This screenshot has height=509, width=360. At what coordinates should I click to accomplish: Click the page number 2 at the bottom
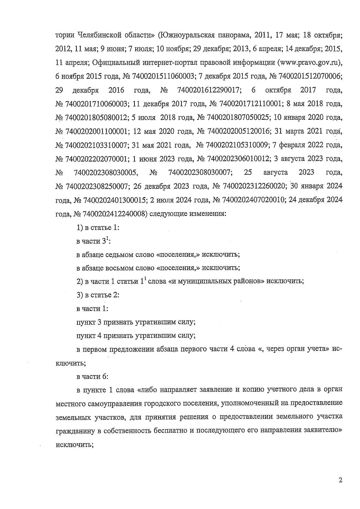click(340, 480)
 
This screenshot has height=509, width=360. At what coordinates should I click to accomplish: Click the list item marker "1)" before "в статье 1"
click(79, 228)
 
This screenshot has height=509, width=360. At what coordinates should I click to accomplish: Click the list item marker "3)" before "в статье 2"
click(79, 295)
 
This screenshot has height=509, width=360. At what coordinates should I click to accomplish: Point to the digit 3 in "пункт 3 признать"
click(100, 322)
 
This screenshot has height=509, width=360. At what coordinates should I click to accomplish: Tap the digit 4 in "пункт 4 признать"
click(100, 336)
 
